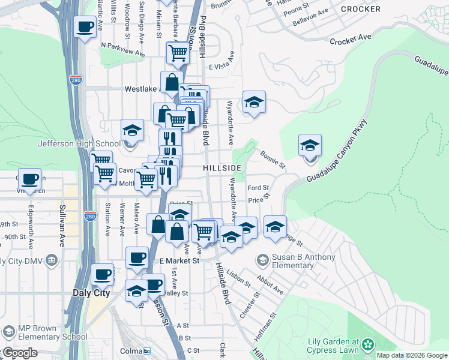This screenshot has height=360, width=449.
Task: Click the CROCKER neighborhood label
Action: (360, 9)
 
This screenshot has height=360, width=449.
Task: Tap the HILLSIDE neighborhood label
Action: (222, 167)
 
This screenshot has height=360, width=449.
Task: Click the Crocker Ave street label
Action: (351, 39)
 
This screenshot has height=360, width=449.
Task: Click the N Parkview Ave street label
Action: (122, 49)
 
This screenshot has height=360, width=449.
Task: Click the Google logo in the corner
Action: (20, 353)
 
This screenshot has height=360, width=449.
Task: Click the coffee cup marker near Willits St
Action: (85, 27)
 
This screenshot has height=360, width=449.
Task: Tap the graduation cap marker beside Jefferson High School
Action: (133, 130)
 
